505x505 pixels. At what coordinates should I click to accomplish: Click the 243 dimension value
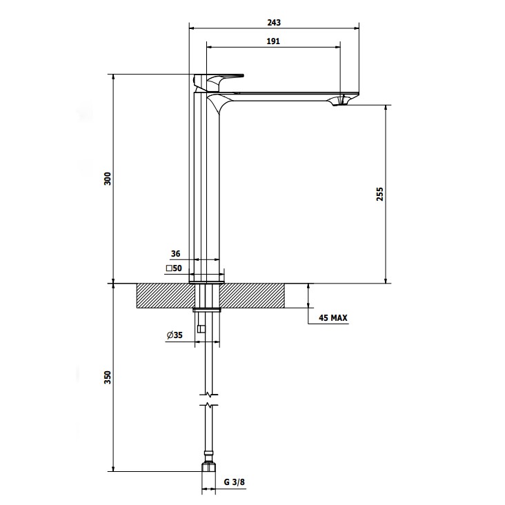pyautogui.click(x=274, y=23)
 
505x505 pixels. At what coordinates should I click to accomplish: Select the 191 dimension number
pyautogui.click(x=273, y=41)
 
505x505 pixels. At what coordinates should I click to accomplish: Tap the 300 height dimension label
pyautogui.click(x=108, y=179)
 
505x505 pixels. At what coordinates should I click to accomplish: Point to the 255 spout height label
pyautogui.click(x=380, y=195)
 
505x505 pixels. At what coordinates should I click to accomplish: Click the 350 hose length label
pyautogui.click(x=108, y=377)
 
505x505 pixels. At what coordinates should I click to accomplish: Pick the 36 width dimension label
pyautogui.click(x=175, y=254)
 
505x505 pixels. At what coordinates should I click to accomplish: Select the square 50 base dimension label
pyautogui.click(x=174, y=268)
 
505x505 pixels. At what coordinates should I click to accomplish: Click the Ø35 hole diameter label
pyautogui.click(x=175, y=335)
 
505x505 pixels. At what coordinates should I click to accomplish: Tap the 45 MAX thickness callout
pyautogui.click(x=333, y=318)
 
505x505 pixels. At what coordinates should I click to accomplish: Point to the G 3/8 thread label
pyautogui.click(x=235, y=482)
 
